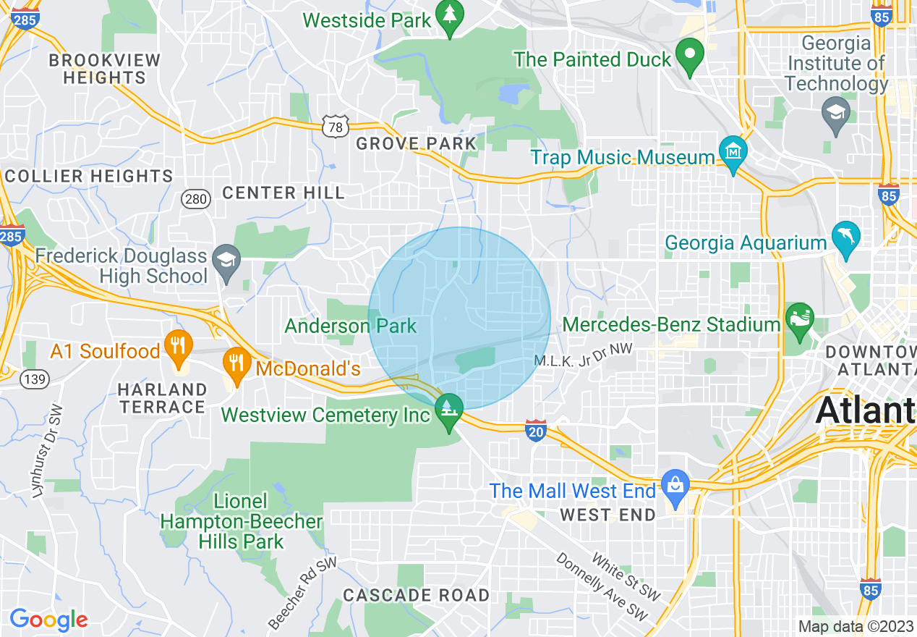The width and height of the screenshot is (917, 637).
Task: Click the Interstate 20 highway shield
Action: [535, 430]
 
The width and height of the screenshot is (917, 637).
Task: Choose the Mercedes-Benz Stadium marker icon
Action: [799, 321]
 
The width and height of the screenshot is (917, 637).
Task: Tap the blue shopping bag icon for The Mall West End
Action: [675, 488]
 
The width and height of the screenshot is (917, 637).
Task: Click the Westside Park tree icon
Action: [451, 14]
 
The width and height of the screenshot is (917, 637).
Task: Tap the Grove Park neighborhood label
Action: [417, 143]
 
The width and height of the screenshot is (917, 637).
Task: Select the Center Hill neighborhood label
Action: [283, 193]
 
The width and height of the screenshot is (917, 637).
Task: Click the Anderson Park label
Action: [351, 326]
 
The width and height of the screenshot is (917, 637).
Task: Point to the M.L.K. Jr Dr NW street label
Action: [583, 355]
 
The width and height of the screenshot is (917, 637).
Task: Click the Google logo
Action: [48, 620]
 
